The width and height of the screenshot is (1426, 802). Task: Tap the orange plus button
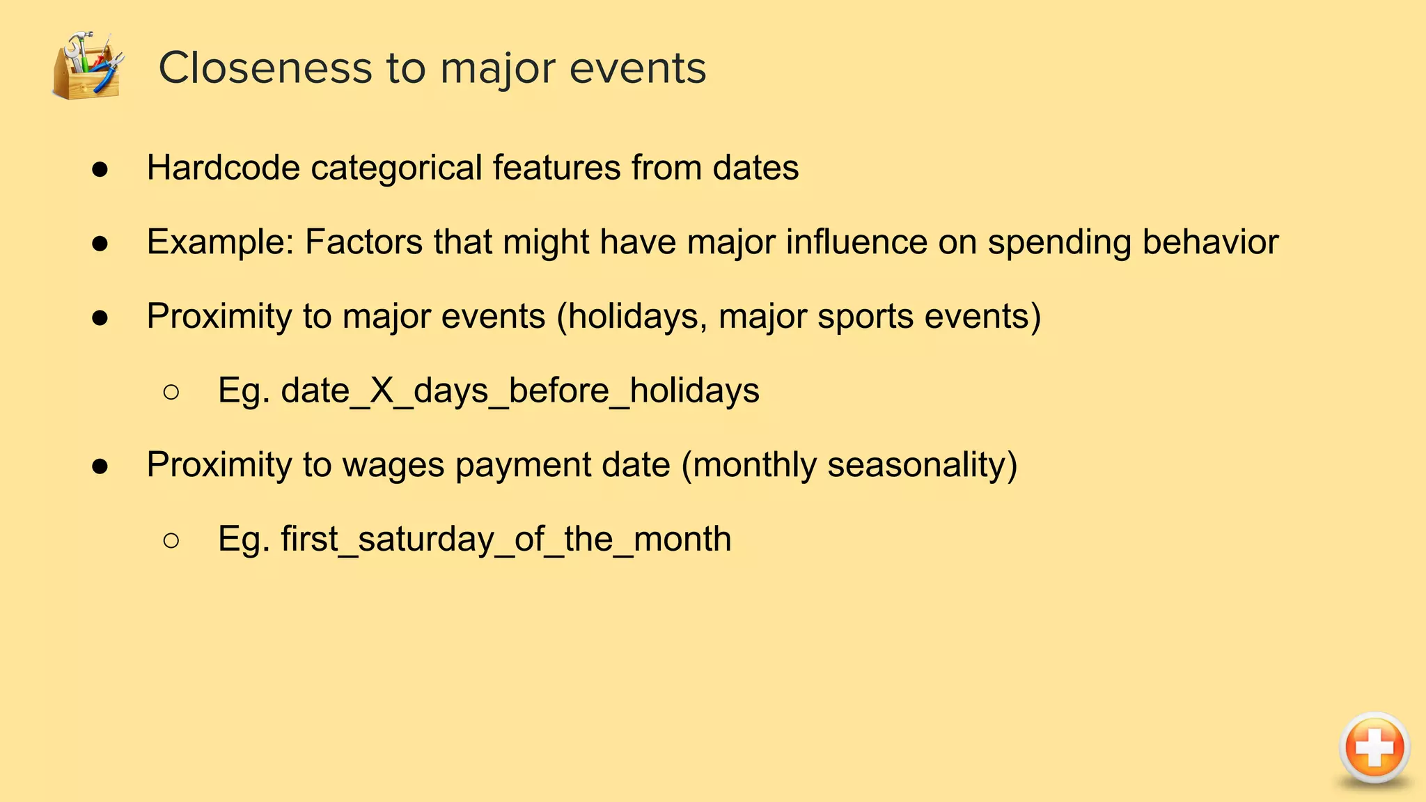(1374, 748)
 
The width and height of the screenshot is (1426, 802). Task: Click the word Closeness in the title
(265, 68)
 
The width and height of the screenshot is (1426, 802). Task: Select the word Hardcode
(223, 168)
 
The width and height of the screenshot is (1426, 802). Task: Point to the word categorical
(396, 168)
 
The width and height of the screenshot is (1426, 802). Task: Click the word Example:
(221, 242)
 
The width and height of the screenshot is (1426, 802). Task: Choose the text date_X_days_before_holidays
(519, 391)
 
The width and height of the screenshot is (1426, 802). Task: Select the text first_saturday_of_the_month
(506, 539)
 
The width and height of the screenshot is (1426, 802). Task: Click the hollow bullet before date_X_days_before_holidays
(171, 392)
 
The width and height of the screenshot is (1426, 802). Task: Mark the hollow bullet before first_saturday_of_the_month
(171, 540)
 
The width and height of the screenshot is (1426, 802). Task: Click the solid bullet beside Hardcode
(100, 169)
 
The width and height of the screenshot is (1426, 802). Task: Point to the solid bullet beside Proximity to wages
(100, 466)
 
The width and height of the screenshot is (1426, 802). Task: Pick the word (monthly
(749, 465)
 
